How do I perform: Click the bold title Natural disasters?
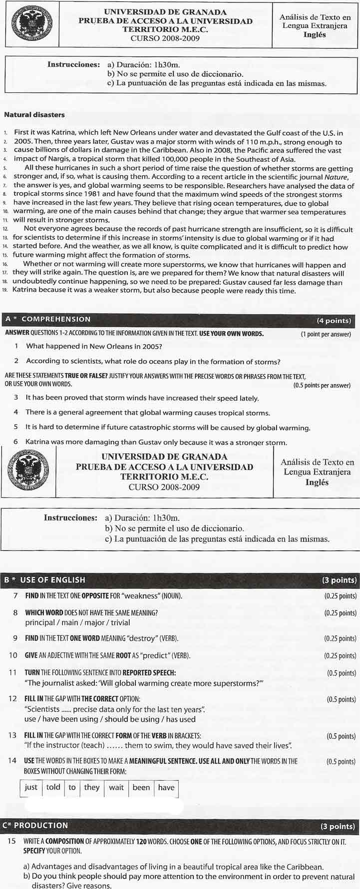click(x=34, y=114)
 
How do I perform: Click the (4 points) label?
click(x=334, y=320)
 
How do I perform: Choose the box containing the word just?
click(x=31, y=787)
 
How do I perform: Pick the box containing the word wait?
click(x=116, y=787)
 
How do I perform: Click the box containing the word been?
click(x=141, y=787)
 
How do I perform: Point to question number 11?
click(x=13, y=672)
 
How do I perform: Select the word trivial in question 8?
click(x=120, y=622)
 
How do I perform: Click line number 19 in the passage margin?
click(x=5, y=291)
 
